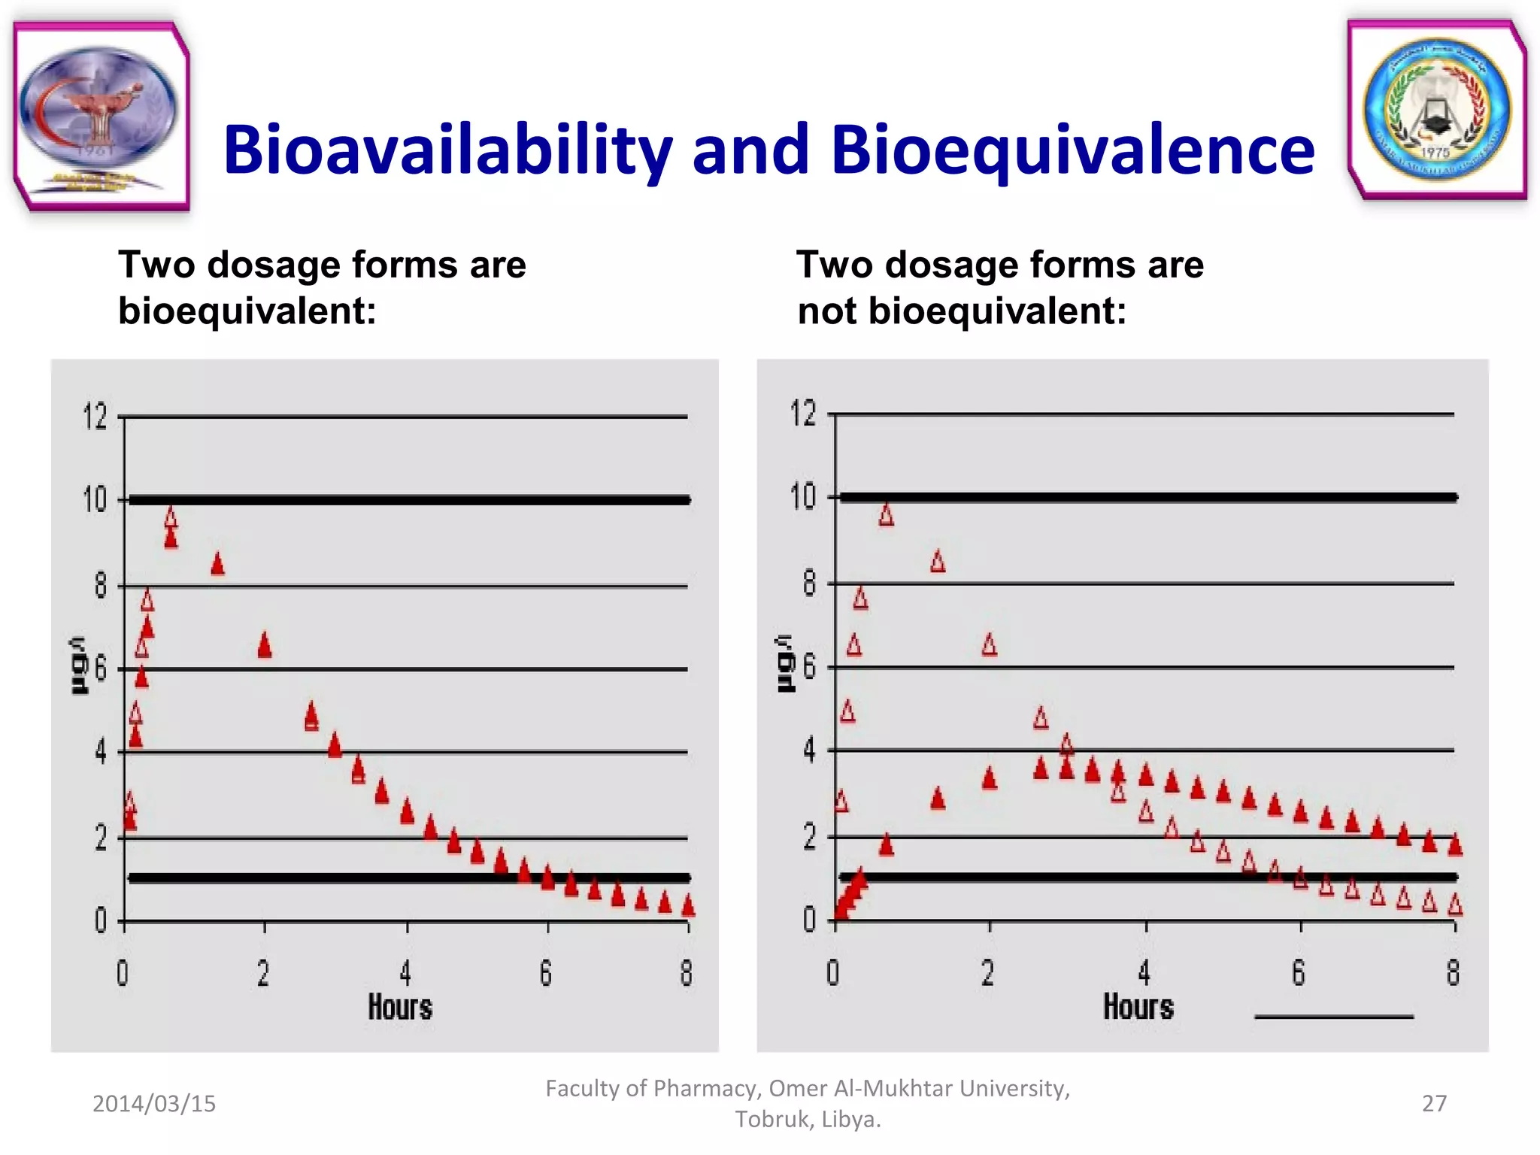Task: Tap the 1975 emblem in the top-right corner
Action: click(x=1437, y=111)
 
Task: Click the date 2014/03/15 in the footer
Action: click(x=154, y=1103)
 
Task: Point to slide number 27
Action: click(x=1434, y=1103)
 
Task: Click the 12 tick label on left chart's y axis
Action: click(x=95, y=416)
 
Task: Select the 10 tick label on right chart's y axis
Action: click(x=803, y=497)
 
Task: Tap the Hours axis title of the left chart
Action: click(x=400, y=1008)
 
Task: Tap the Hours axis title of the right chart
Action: click(x=1138, y=1007)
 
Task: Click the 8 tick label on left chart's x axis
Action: click(x=686, y=973)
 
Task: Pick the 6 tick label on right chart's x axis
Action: click(x=1299, y=973)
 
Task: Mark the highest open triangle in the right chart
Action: click(x=887, y=515)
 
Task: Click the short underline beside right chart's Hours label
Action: click(x=1334, y=1017)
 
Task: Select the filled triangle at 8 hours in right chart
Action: click(x=1455, y=844)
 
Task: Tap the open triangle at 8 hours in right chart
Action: click(x=1455, y=904)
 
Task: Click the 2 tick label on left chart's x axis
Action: click(x=263, y=973)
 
